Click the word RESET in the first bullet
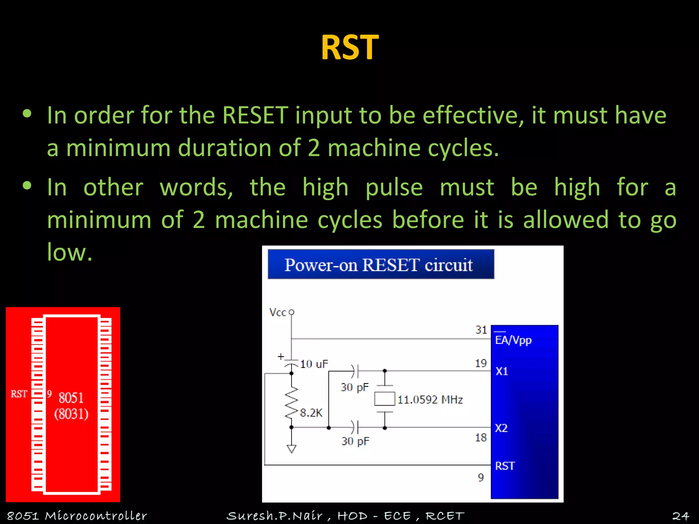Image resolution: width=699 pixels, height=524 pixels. pyautogui.click(x=255, y=115)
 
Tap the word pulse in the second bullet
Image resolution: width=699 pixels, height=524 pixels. pyautogui.click(x=394, y=188)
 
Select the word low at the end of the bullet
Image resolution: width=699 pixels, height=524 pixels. pyautogui.click(x=69, y=252)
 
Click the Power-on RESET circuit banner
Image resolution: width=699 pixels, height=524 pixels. pyautogui.click(x=380, y=264)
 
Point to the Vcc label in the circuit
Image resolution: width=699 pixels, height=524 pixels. pyautogui.click(x=277, y=312)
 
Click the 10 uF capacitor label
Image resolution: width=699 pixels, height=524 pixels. pyautogui.click(x=314, y=364)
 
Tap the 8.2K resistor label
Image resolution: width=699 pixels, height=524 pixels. pyautogui.click(x=311, y=413)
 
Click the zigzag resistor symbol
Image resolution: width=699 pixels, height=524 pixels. pyautogui.click(x=291, y=403)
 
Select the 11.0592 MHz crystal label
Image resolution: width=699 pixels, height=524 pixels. pyautogui.click(x=430, y=399)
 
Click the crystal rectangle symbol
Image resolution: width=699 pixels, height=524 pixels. pyautogui.click(x=384, y=399)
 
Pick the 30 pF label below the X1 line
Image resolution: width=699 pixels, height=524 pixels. pyautogui.click(x=355, y=387)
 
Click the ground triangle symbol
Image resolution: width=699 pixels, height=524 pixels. pyautogui.click(x=291, y=449)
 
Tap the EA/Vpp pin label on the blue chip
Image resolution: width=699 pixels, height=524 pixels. pyautogui.click(x=513, y=340)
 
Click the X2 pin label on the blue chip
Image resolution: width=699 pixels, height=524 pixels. pyautogui.click(x=501, y=428)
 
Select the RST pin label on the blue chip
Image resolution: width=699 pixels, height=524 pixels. pyautogui.click(x=505, y=466)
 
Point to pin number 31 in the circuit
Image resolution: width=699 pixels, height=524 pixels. pyautogui.click(x=481, y=330)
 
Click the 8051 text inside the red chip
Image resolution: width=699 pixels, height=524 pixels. pyautogui.click(x=71, y=398)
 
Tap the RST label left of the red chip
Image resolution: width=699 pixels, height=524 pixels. pyautogui.click(x=19, y=394)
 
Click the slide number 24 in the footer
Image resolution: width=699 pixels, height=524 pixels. pyautogui.click(x=680, y=516)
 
